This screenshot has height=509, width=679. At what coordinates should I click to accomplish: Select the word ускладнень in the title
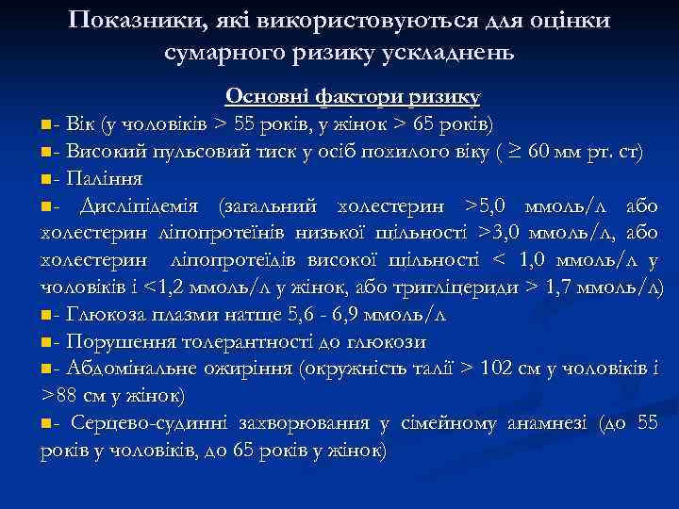coord(447,52)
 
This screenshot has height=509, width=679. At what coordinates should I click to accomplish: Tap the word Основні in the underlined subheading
coord(271,96)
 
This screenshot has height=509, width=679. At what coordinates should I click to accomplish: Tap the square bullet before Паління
coord(48,178)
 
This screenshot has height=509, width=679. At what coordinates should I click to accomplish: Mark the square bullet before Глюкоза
coord(48,315)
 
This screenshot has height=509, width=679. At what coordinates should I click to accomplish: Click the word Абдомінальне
coord(129,369)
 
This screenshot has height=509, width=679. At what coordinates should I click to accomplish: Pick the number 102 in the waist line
coord(498,369)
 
